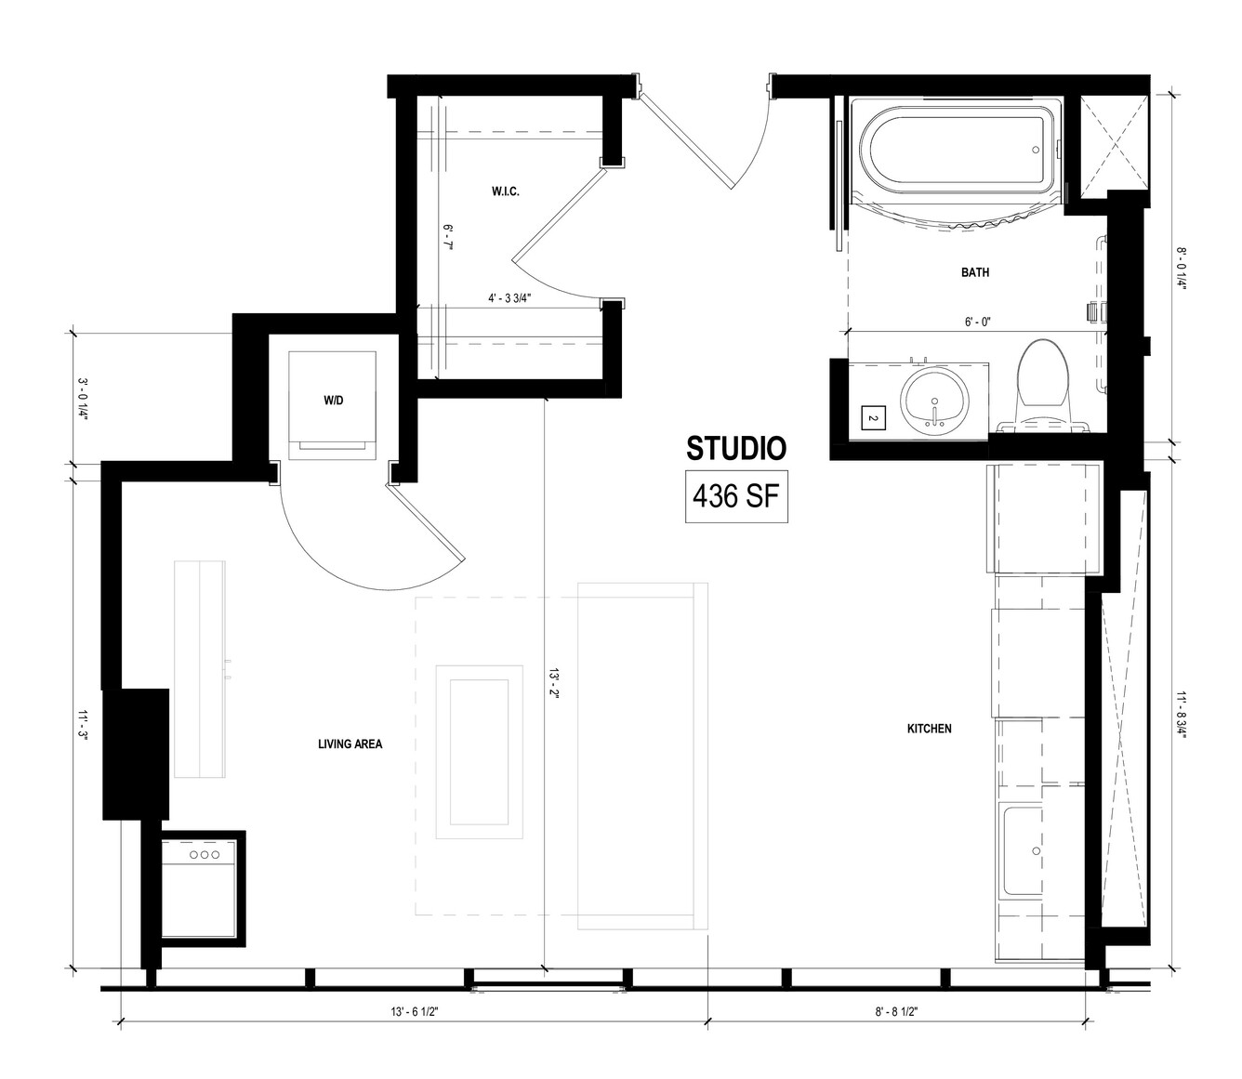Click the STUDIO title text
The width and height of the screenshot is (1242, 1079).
[x=735, y=449]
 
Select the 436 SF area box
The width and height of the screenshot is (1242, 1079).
[x=736, y=496]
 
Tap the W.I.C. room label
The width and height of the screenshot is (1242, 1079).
[x=505, y=191]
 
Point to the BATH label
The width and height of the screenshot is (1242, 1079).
[x=975, y=272]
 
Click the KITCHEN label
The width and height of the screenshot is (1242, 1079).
[x=930, y=729]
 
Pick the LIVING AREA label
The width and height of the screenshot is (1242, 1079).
[x=350, y=744]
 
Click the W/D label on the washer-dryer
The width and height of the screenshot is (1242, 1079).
[x=333, y=401]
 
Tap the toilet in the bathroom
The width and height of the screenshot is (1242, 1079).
[x=1042, y=386]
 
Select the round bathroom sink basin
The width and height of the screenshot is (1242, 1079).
[x=935, y=401]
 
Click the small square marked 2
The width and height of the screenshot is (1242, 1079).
[x=874, y=418]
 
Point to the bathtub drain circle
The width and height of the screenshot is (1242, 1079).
[x=1036, y=150]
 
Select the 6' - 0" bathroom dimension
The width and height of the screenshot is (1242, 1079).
[x=977, y=322]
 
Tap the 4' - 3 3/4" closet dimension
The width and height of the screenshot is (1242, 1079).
[x=510, y=298]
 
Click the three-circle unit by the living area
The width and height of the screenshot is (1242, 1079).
[x=205, y=854]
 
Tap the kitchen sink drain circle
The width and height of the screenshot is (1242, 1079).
[x=1037, y=850]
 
